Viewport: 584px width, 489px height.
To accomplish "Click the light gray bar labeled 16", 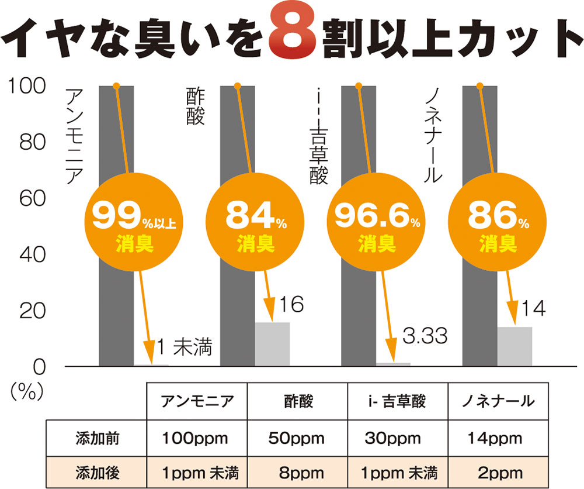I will pyautogui.click(x=272, y=344).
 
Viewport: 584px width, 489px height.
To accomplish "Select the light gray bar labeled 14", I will pyautogui.click(x=515, y=346).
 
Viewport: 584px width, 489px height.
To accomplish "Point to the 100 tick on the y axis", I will pyautogui.click(x=26, y=86).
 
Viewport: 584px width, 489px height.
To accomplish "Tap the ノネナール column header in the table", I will pyautogui.click(x=498, y=401).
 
